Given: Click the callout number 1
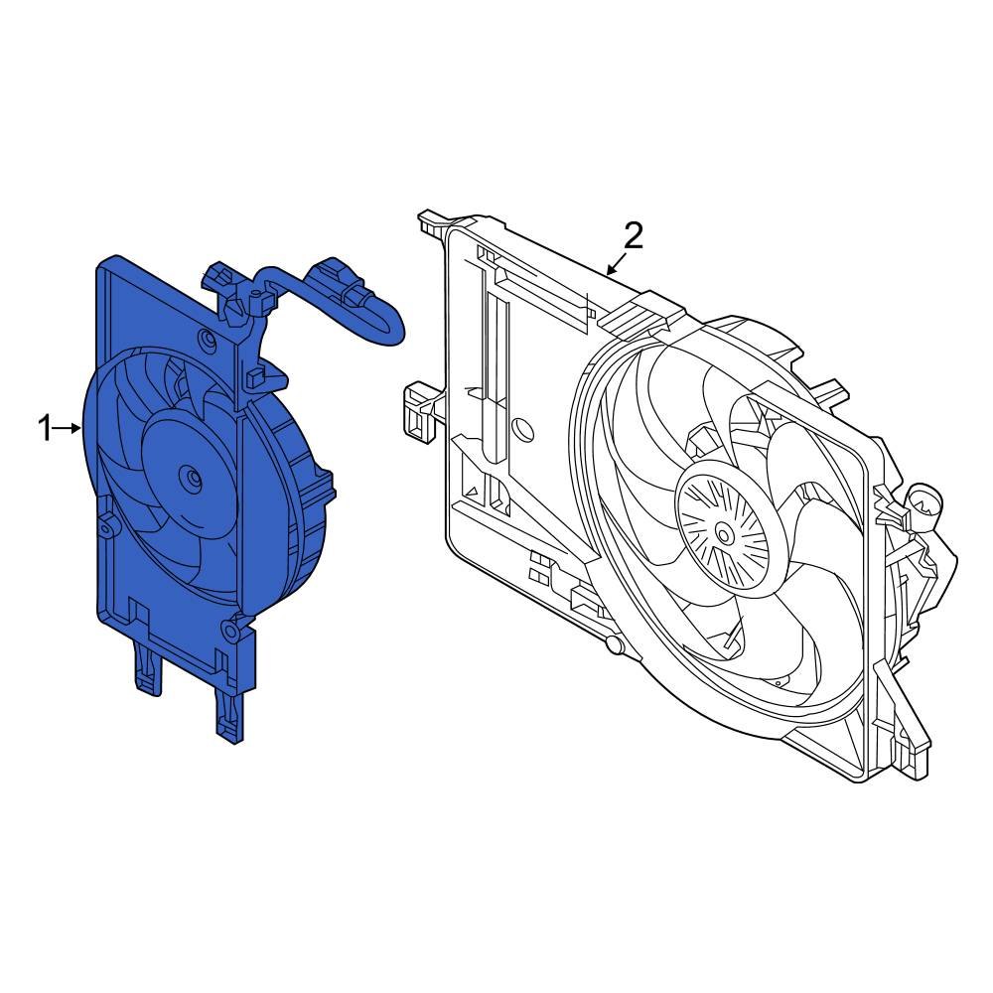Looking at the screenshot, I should click(x=44, y=429).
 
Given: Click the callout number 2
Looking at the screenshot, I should click(x=634, y=235).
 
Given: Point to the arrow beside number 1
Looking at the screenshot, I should click(x=70, y=429).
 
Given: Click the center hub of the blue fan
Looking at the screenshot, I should click(x=187, y=477).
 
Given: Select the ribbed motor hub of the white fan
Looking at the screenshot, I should click(x=725, y=534).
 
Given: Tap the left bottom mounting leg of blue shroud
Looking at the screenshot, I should click(x=147, y=669).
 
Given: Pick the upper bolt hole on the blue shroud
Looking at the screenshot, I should click(x=207, y=341).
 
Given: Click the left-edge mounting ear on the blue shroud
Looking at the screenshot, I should click(x=105, y=525).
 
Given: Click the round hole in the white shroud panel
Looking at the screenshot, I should click(x=521, y=432).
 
